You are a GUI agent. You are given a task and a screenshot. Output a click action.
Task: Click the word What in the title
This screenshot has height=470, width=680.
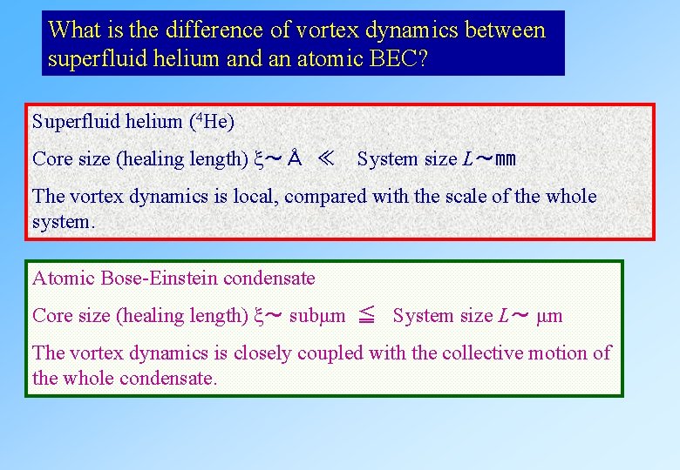[71, 30]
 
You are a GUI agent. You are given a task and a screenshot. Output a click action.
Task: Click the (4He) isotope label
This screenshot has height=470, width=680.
[211, 122]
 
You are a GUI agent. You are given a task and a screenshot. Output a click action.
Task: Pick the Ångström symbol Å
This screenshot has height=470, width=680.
[296, 158]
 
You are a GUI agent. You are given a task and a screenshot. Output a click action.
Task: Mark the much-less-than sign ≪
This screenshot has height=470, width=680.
[326, 158]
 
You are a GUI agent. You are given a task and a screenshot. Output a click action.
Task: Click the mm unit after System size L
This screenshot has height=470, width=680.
[505, 159]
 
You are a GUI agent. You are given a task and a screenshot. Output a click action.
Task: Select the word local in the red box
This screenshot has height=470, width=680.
[254, 197]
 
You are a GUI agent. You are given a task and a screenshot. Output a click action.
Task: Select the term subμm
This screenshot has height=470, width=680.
[316, 316]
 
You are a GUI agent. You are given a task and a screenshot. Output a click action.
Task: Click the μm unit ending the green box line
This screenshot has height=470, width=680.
[550, 316]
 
